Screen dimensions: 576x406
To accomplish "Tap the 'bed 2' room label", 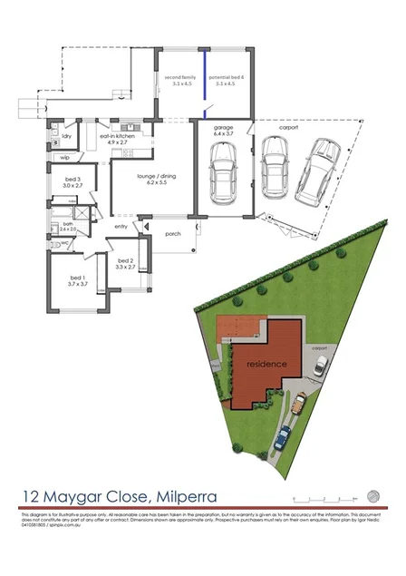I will click(x=125, y=260).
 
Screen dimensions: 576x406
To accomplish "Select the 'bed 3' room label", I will click(x=73, y=180).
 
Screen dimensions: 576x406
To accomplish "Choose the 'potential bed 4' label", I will click(x=221, y=81).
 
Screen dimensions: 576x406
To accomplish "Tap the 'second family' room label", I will click(x=180, y=81).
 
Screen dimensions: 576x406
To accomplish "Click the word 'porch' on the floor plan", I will click(x=173, y=233).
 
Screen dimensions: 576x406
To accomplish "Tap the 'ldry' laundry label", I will click(x=66, y=137).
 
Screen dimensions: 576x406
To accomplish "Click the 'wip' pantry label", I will click(x=65, y=158).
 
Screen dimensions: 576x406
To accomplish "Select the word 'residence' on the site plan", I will click(x=267, y=364).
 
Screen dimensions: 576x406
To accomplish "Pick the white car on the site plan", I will click(x=320, y=365).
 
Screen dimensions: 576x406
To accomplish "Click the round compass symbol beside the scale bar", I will click(x=372, y=495).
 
